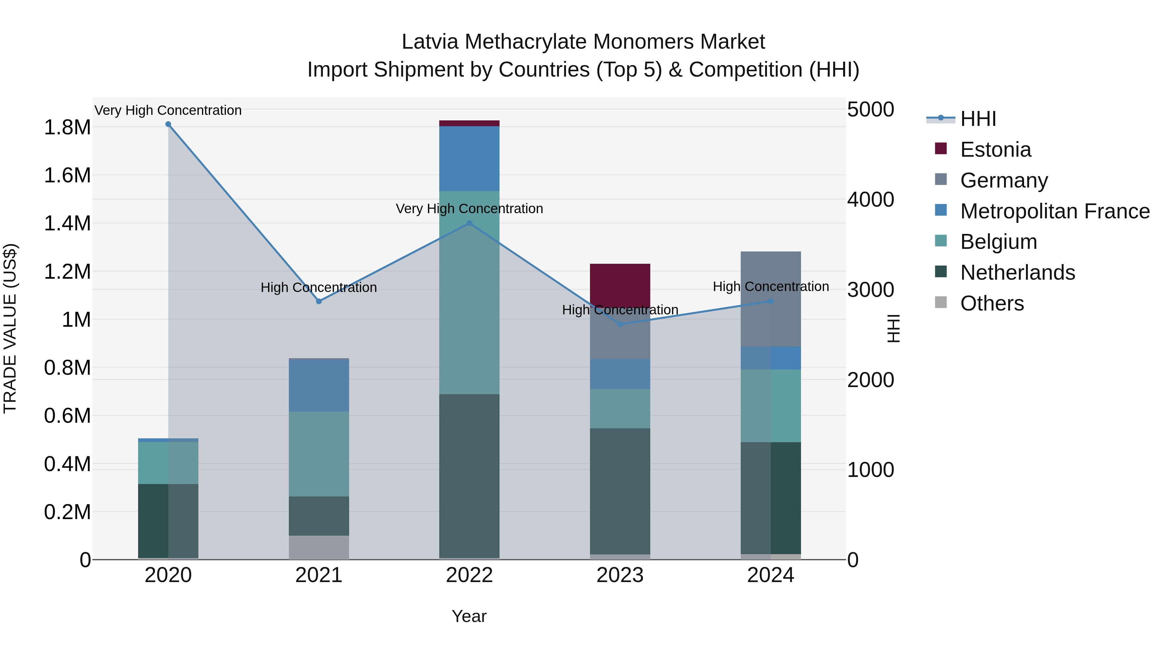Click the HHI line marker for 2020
168,124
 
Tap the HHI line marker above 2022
469,223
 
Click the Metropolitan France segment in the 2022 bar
469,159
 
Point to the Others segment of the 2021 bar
319,547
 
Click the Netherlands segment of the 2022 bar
469,476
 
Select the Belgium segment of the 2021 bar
319,454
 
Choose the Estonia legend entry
995,150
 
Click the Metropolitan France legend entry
1054,211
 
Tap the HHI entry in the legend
978,119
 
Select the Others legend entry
991,303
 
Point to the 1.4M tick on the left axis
67,224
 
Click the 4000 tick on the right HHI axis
870,200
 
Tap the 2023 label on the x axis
620,575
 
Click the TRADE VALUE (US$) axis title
10,328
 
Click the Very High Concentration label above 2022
469,209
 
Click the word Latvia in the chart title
430,42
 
